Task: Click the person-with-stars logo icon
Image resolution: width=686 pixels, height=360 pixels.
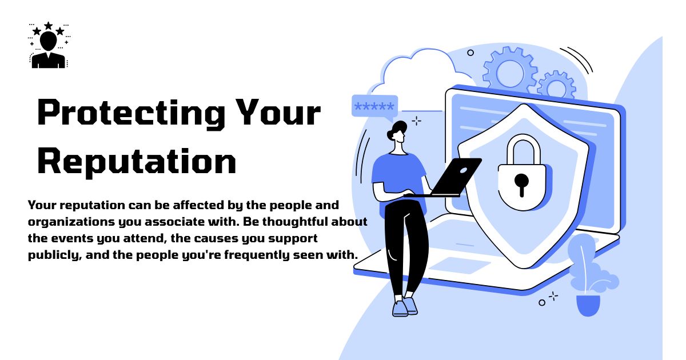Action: pos(48,46)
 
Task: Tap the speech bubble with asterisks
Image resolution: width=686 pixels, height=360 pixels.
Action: pos(374,107)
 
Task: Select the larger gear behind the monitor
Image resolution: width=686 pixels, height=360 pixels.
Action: pos(510,72)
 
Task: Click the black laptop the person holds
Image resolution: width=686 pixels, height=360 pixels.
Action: pos(454,177)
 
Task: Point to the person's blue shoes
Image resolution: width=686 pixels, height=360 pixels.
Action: pos(404,307)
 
